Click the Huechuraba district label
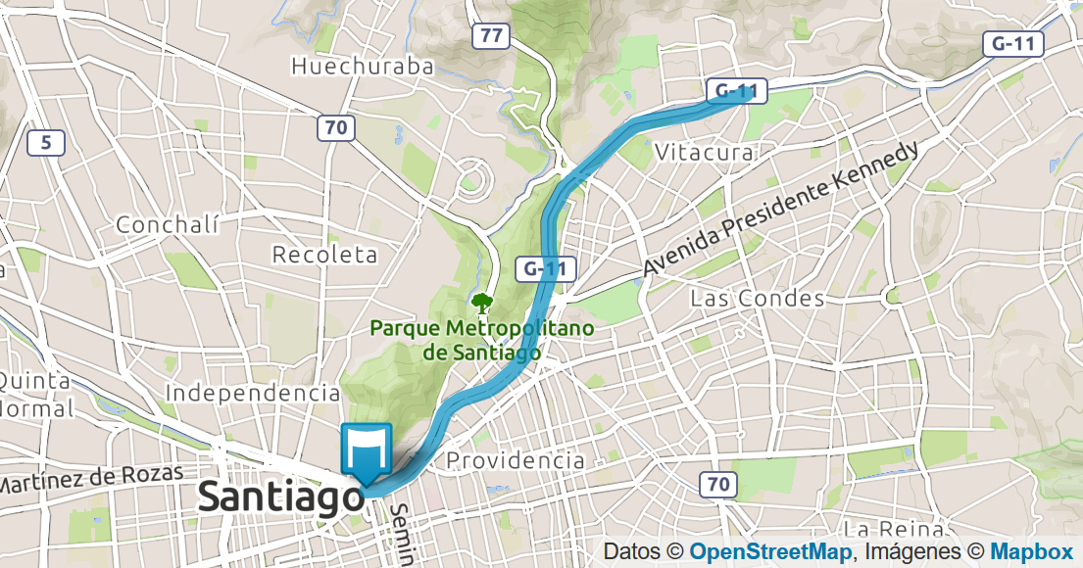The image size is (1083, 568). [x=363, y=67]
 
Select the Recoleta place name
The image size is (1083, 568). [x=324, y=255]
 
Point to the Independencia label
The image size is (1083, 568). [x=253, y=393]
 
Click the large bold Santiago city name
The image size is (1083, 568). [x=280, y=497]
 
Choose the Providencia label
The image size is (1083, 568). [x=515, y=460]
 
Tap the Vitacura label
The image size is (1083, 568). [x=704, y=153]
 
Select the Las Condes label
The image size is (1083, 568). [x=757, y=298]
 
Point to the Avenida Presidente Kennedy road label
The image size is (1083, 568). [x=781, y=209]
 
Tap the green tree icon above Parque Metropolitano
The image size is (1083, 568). [x=481, y=302]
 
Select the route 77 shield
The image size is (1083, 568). [x=491, y=37]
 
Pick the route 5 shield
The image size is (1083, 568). [x=46, y=144]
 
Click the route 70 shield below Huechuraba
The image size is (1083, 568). [x=335, y=127]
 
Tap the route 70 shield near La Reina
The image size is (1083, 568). [x=719, y=483]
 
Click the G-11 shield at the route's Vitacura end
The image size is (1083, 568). [x=736, y=91]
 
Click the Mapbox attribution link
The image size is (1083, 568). [x=1031, y=551]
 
